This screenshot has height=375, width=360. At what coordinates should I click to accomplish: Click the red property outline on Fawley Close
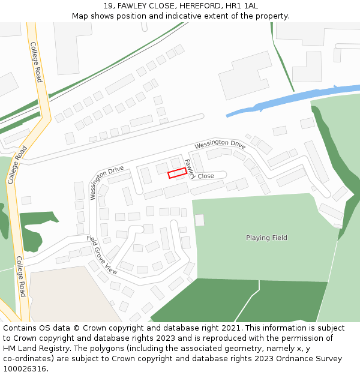(x=177, y=173)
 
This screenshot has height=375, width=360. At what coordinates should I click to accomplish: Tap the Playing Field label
(x=266, y=238)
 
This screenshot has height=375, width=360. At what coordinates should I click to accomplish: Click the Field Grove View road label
(x=102, y=255)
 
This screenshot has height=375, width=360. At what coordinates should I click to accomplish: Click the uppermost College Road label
(x=36, y=62)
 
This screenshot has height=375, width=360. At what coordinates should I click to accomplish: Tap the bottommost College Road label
(x=20, y=277)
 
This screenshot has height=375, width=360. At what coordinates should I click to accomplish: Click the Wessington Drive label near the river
(x=220, y=144)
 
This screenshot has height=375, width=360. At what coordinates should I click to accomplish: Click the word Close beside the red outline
(x=206, y=176)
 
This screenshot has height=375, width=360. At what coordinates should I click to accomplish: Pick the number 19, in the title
(x=109, y=6)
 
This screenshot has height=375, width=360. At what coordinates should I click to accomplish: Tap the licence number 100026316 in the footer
(x=25, y=369)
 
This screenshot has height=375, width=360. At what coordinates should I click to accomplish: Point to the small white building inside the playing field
(x=199, y=220)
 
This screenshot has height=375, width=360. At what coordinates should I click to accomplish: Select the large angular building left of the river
(x=245, y=76)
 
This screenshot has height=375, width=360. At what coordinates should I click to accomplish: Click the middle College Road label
(x=17, y=164)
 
